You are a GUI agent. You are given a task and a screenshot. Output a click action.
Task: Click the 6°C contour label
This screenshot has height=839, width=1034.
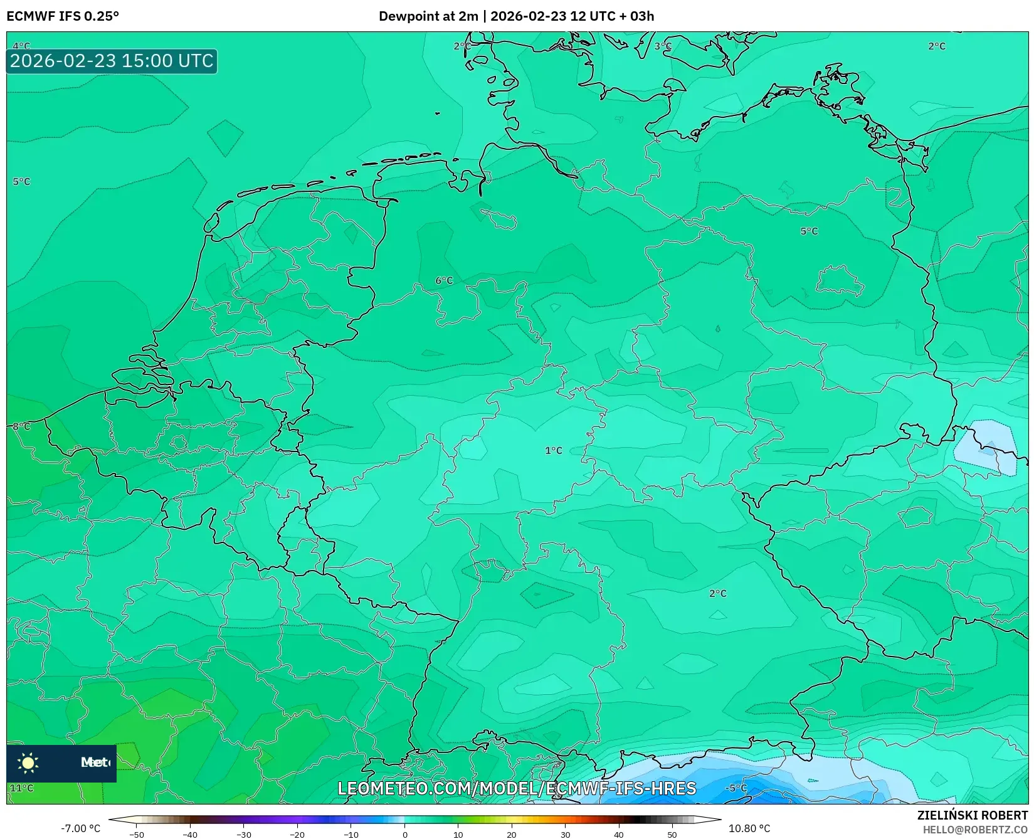444,280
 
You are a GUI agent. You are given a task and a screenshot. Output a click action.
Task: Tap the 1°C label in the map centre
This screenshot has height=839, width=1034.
553,450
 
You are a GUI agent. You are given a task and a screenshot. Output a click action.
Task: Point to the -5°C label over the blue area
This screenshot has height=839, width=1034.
736,788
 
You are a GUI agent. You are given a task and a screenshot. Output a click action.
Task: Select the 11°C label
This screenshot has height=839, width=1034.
21,788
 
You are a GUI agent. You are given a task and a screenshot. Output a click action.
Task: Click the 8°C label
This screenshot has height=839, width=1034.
21,426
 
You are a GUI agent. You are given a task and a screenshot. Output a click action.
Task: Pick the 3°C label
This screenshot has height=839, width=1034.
663,46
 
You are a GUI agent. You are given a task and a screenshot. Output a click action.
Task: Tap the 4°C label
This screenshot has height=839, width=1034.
21,46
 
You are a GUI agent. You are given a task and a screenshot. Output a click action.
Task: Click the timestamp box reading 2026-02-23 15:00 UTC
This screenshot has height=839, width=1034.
112,61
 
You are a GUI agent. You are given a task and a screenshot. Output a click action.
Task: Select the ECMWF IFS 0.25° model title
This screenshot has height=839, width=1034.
63,16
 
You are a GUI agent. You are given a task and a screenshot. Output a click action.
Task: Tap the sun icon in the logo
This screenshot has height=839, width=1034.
28,762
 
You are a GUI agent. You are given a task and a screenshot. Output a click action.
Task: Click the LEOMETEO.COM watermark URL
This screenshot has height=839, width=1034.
517,788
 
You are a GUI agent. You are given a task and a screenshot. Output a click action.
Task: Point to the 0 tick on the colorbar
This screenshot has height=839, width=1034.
405,834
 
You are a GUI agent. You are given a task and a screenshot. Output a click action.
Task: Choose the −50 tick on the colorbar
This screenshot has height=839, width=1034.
137,834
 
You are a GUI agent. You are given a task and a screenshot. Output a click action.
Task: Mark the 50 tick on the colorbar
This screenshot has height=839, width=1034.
672,834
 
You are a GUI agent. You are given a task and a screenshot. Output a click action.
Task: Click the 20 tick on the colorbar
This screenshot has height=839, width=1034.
512,834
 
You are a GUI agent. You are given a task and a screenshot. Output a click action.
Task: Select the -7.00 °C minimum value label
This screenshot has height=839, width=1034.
80,828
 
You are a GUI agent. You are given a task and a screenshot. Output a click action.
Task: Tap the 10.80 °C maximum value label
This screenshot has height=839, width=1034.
749,828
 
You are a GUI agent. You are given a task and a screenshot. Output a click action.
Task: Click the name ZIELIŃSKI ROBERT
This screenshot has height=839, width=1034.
973,815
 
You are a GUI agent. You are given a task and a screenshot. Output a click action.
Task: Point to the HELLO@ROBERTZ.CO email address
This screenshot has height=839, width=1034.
975,830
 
